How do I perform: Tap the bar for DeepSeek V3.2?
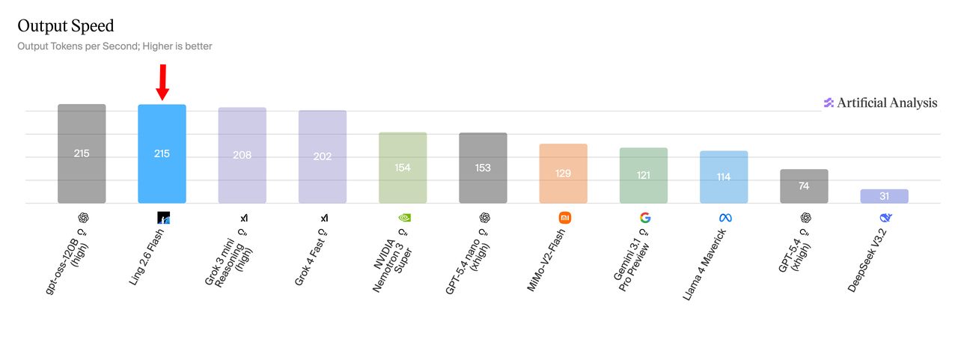[x=884, y=196]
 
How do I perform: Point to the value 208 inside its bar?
[x=242, y=156]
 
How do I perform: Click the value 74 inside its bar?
[x=804, y=186]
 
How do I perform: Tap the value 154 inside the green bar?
[x=403, y=168]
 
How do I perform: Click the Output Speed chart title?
[x=66, y=26]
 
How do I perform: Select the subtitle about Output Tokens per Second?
[x=115, y=46]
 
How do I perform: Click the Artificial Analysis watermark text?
[x=887, y=103]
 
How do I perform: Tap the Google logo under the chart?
[x=645, y=218]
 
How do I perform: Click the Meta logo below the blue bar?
[x=724, y=218]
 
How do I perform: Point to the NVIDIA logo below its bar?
[x=404, y=218]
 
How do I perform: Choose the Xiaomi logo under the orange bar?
[x=565, y=218]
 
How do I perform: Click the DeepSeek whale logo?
[x=885, y=218]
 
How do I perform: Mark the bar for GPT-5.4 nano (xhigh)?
[x=483, y=168]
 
